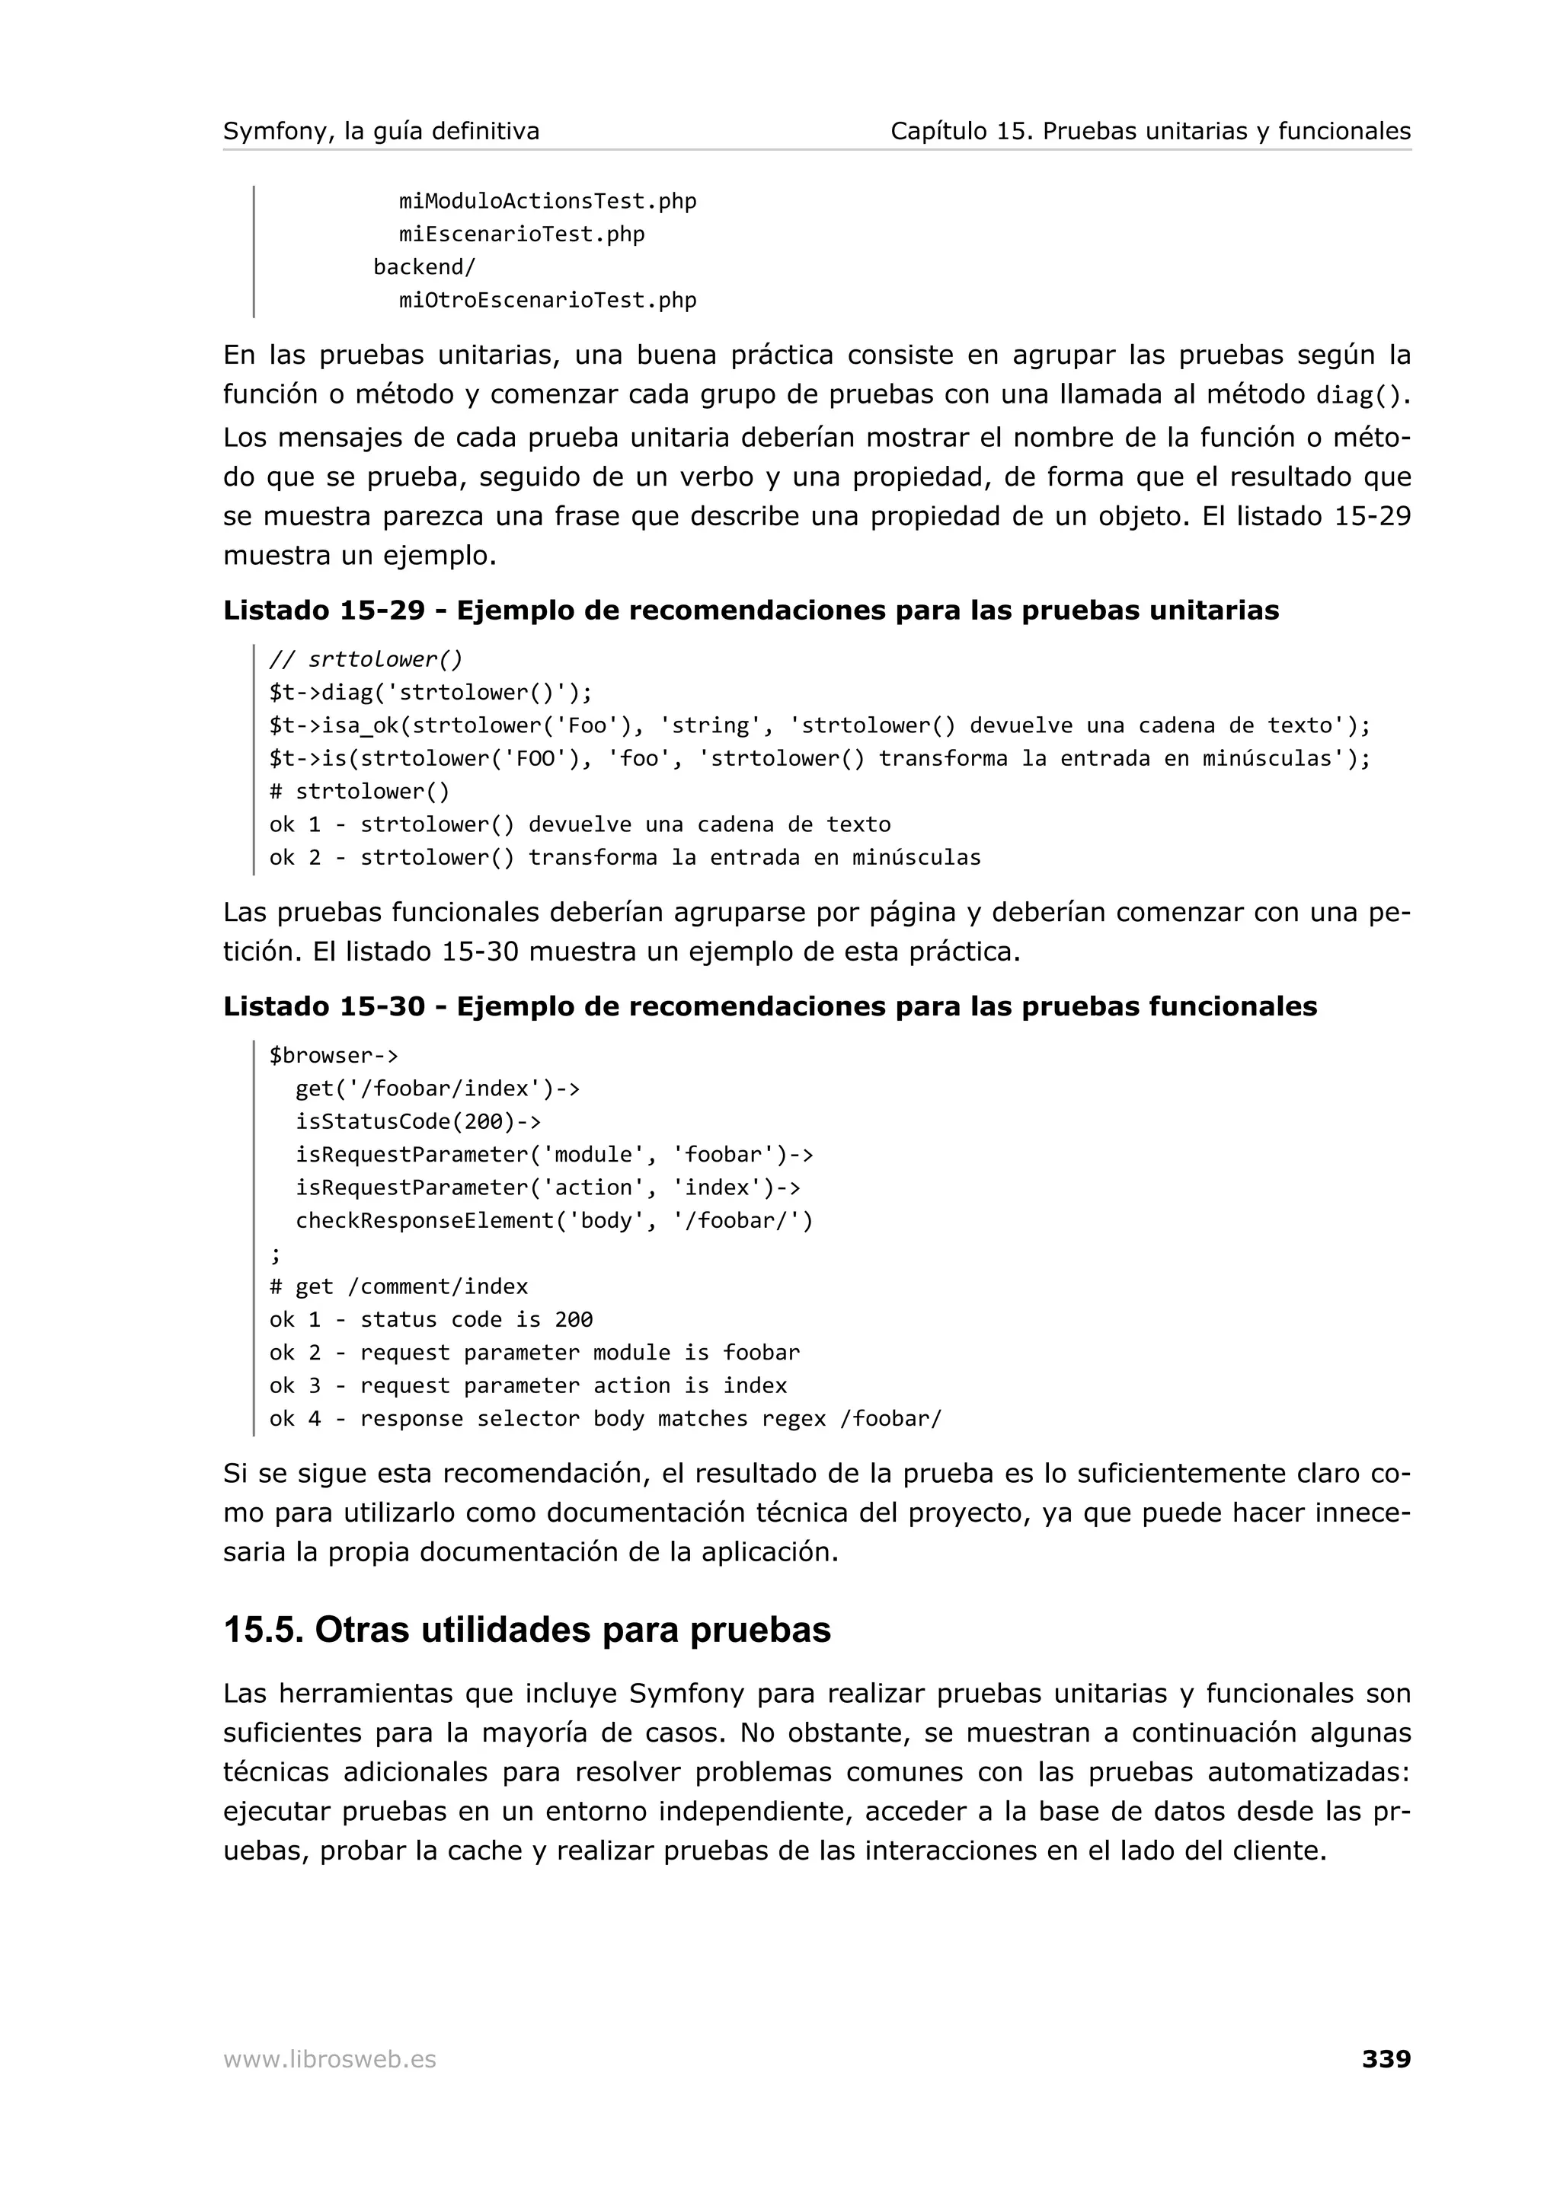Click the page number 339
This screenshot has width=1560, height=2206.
1385,2058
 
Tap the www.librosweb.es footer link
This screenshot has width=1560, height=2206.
329,2059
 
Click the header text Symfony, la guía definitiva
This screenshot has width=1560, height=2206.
381,131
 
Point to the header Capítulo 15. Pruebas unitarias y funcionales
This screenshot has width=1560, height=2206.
1149,131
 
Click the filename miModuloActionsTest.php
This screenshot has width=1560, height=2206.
547,201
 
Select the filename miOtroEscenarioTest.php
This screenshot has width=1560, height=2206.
547,300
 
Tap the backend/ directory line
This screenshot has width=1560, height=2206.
424,266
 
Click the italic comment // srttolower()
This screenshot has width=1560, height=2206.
366,659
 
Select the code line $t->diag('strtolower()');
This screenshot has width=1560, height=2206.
430,692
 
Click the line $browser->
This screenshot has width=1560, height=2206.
333,1055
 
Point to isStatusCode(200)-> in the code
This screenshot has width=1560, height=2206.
417,1121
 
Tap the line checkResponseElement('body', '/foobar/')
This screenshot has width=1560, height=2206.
554,1220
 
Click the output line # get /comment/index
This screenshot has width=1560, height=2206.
398,1286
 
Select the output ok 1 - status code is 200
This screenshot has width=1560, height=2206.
430,1319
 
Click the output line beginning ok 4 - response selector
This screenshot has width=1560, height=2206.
605,1418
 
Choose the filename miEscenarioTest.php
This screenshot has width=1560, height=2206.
521,234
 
